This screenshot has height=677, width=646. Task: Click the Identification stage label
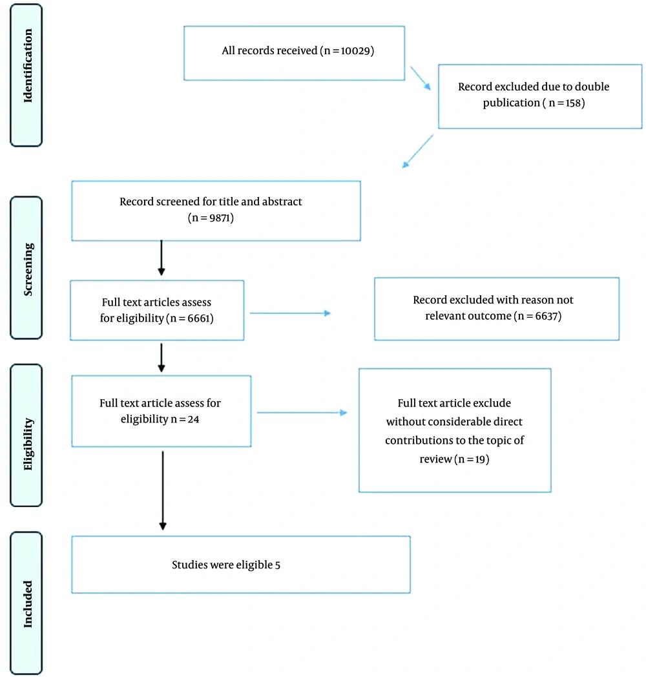pos(28,66)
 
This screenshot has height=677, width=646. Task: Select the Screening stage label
pos(28,269)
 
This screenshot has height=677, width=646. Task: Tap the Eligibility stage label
pos(28,444)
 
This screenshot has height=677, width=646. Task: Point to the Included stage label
pos(28,604)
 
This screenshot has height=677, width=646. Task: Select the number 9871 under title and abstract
pos(220,218)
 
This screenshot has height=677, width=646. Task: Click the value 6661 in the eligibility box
pos(198,318)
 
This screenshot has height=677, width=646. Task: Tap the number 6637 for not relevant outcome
pos(547,316)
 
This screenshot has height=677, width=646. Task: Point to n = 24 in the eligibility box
pos(185,419)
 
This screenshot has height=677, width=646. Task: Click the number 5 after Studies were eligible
pos(278,565)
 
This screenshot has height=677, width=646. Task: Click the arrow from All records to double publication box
pos(421,78)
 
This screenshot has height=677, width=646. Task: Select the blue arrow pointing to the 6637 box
pos(291,313)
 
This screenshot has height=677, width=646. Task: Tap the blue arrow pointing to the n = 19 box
pos(302,413)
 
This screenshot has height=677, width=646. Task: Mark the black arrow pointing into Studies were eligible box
pos(163,490)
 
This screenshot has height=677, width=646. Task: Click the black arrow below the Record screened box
pos(161,258)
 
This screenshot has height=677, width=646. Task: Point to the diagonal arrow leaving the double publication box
pos(417,151)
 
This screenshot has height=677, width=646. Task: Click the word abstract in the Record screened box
pos(282,202)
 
